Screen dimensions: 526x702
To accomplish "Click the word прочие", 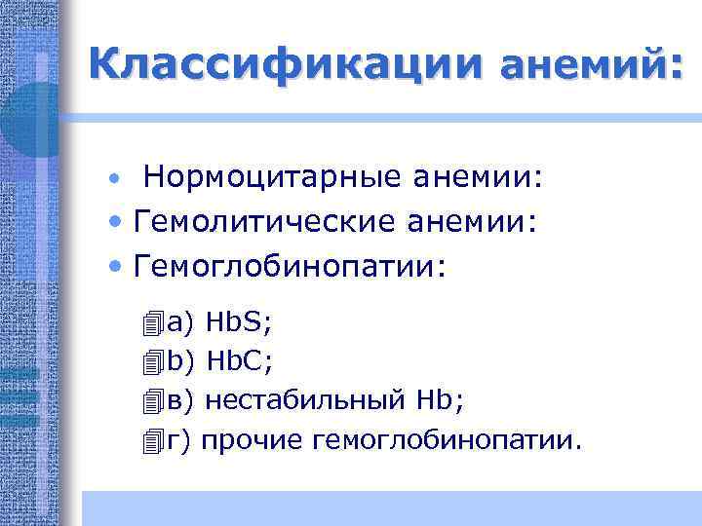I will pos(253,441).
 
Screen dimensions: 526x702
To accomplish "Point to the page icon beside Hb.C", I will pos(150,362).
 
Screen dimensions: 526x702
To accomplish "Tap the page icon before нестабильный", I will pos(150,401).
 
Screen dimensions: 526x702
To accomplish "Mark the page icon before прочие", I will pos(150,442).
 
